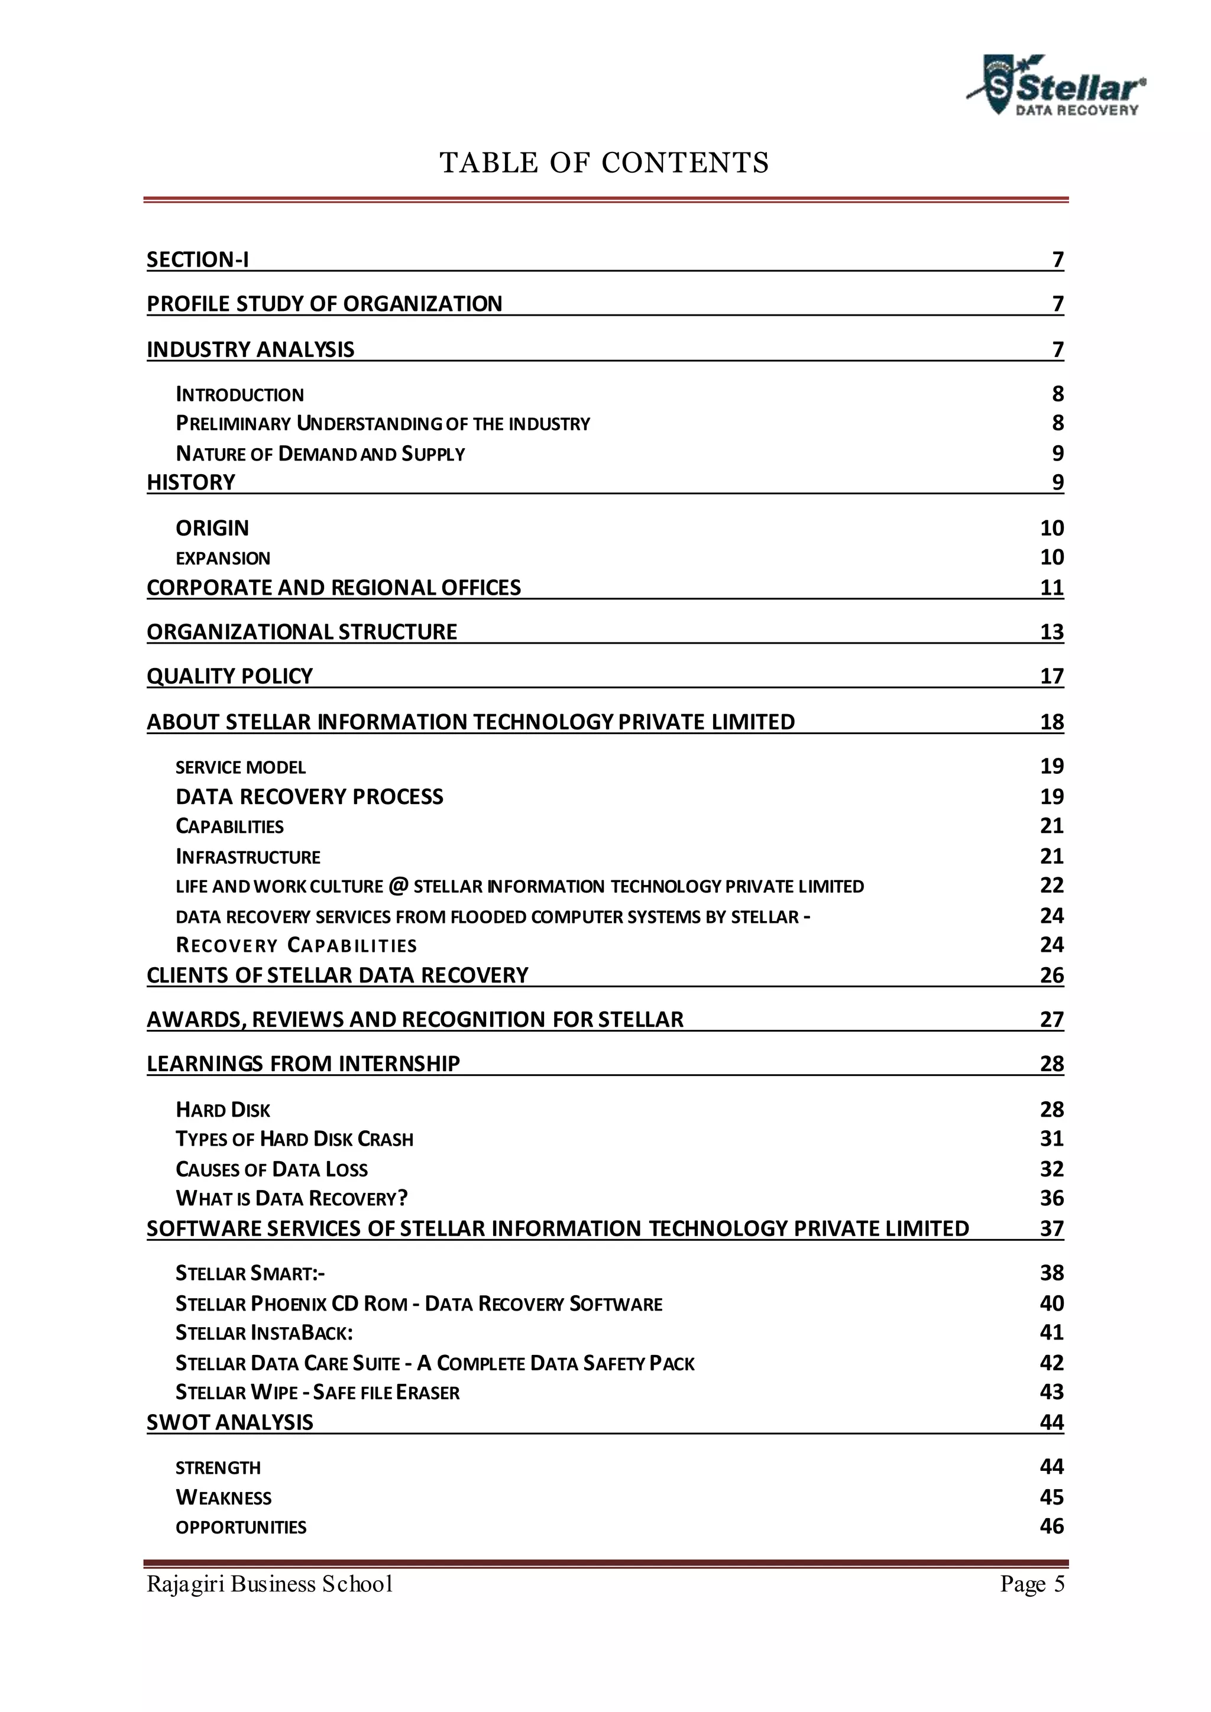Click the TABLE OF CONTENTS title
point(604,163)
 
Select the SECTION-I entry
point(197,260)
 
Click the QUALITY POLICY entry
point(229,676)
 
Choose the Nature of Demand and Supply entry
point(320,453)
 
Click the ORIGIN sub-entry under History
point(212,528)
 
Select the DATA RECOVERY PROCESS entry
point(309,796)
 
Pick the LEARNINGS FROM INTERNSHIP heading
point(303,1063)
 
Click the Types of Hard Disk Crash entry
point(294,1139)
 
